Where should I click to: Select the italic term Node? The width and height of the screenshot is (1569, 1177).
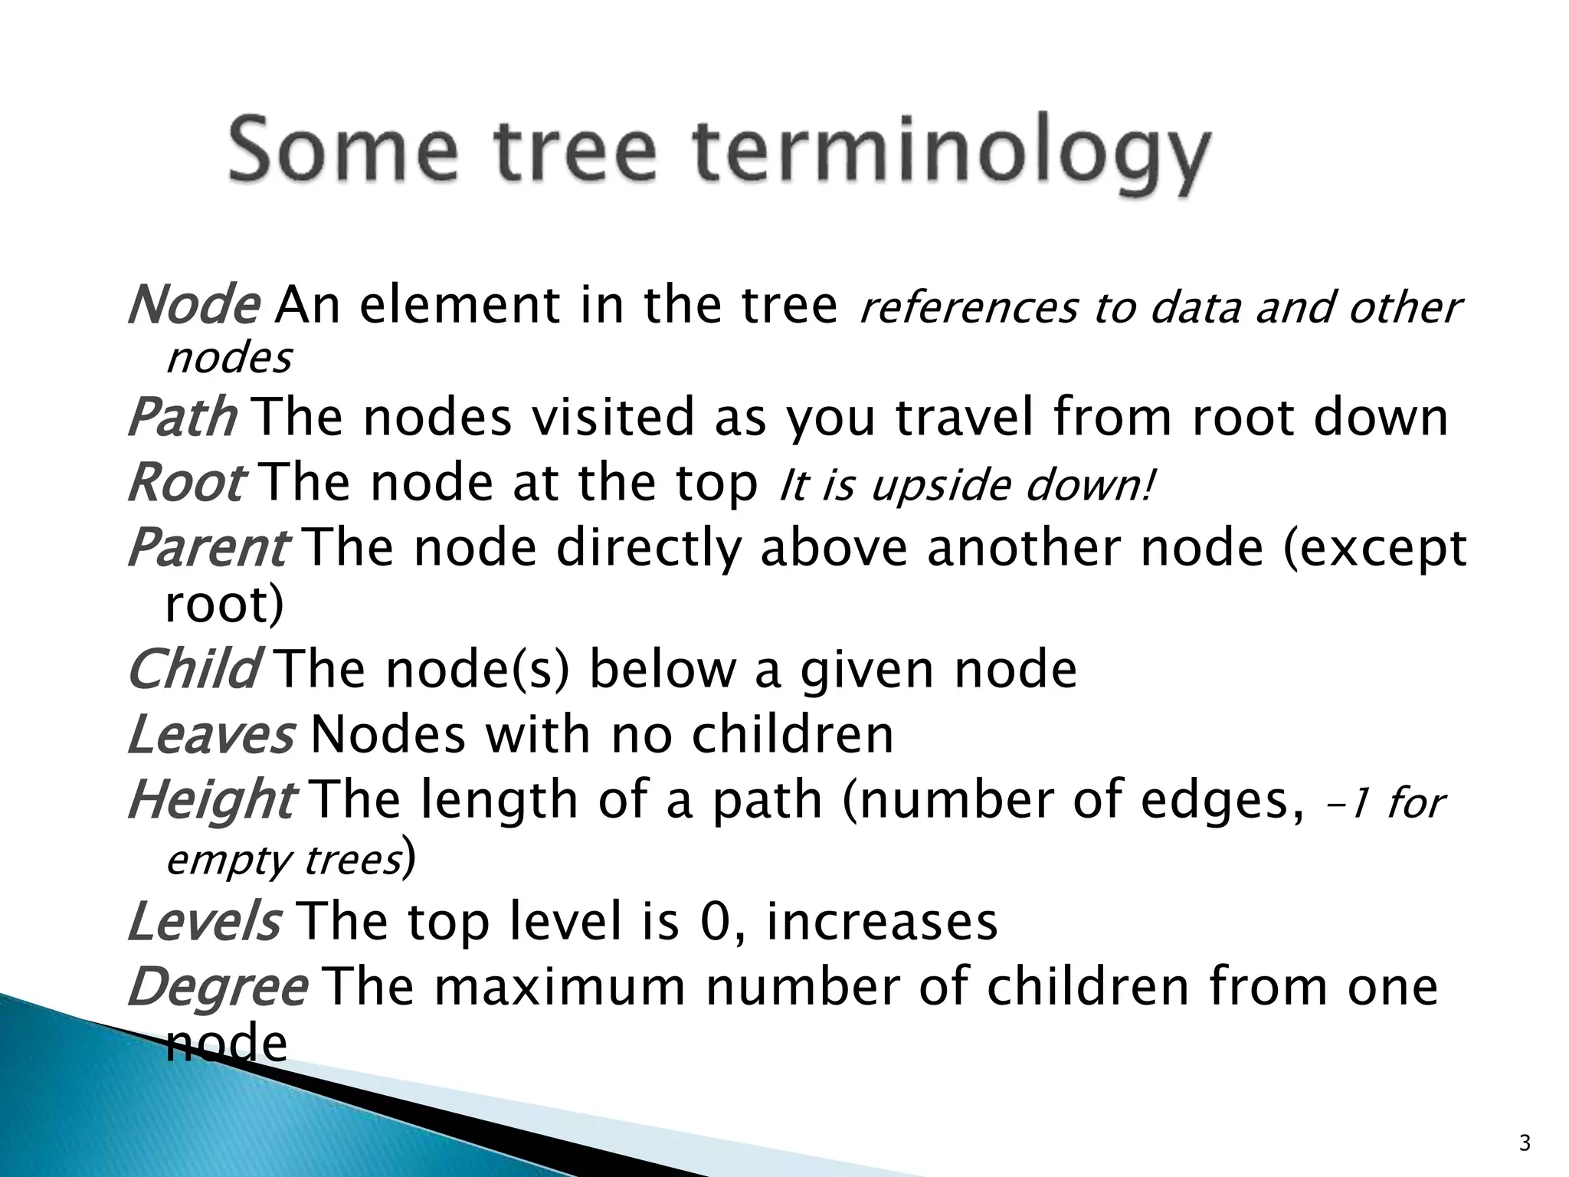click(x=193, y=305)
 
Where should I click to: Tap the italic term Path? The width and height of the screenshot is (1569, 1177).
click(x=182, y=418)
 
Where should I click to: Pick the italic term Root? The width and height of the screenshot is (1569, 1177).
click(x=186, y=484)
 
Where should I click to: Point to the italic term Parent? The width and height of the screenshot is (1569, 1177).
click(x=208, y=549)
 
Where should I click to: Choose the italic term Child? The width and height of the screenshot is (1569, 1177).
click(x=194, y=669)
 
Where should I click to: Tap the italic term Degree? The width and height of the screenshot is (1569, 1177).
click(x=218, y=986)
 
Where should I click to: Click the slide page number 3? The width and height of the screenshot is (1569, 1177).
click(x=1525, y=1143)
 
